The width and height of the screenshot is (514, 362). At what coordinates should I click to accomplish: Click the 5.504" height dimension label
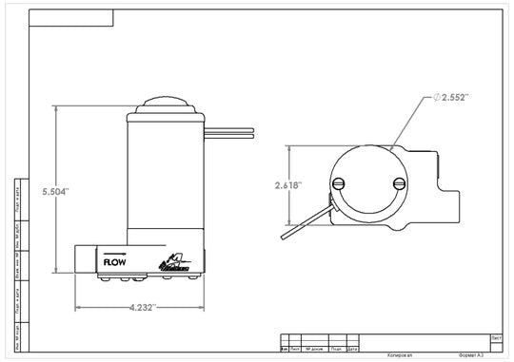[56, 191]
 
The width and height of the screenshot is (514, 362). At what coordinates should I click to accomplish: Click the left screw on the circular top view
[338, 184]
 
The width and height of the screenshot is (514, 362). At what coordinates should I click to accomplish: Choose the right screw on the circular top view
[399, 184]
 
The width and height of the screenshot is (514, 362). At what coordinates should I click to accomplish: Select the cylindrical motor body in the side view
[166, 176]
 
